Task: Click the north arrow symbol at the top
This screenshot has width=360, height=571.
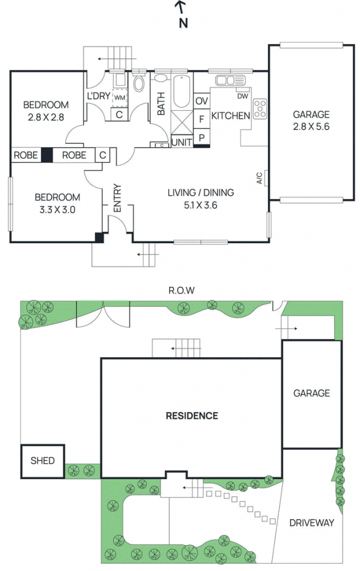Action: coord(182,15)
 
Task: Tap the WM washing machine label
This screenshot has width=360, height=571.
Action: coord(119,98)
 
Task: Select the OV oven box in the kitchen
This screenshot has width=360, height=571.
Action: coord(202,101)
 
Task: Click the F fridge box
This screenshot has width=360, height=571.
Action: coord(202,119)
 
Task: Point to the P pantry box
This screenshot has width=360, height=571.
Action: coord(202,137)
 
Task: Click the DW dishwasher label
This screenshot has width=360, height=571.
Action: coord(242,96)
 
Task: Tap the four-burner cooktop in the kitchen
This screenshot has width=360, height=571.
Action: coord(260,108)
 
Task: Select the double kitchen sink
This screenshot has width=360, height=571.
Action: coord(230,80)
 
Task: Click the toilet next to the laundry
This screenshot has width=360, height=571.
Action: coord(138,82)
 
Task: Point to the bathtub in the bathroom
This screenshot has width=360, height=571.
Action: coord(181,91)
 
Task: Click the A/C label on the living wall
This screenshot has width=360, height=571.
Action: coord(259,178)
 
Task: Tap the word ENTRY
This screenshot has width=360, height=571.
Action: coord(117,198)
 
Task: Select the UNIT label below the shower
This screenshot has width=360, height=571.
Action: coord(182,142)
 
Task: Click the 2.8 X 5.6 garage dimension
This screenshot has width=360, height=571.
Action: coord(311,127)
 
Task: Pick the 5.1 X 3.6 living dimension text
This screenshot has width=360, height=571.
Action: coord(201,205)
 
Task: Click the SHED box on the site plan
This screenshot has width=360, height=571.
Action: coord(43,461)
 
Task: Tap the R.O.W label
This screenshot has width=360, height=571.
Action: coord(181,290)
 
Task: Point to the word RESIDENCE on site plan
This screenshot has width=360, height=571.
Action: coord(191,416)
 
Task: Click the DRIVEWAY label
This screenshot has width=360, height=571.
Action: coord(311,523)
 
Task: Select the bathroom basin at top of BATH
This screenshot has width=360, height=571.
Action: coord(161,78)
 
